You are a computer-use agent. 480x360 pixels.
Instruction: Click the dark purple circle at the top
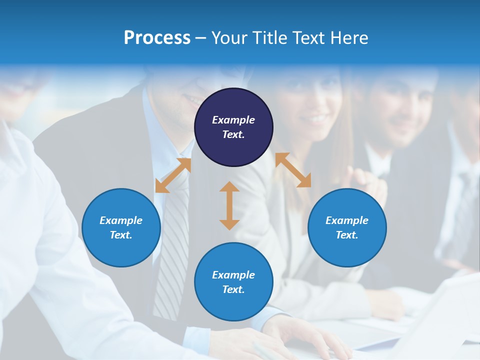[233, 127]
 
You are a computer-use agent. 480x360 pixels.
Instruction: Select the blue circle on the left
[121, 227]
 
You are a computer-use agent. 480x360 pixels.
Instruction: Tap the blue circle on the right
[347, 227]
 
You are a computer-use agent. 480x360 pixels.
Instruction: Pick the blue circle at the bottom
[233, 282]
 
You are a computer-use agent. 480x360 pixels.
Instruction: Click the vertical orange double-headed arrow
[229, 205]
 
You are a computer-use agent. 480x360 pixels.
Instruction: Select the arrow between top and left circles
[173, 175]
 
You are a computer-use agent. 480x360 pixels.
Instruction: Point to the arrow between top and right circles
[293, 170]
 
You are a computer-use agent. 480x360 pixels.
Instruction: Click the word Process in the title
[157, 38]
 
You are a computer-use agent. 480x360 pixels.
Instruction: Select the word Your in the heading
[229, 38]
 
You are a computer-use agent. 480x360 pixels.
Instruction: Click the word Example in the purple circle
[233, 120]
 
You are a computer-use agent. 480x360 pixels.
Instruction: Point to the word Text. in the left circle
[121, 235]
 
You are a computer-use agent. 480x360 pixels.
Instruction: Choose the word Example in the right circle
[347, 220]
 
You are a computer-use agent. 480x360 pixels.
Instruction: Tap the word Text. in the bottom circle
[233, 289]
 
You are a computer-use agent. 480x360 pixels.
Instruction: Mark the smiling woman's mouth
[317, 119]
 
